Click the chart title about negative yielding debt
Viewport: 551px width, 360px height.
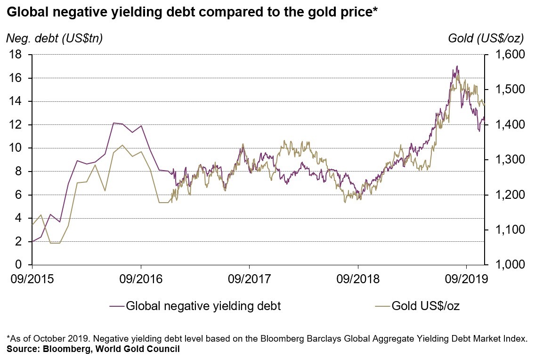coord(188,13)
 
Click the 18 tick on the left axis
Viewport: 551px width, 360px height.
coord(16,55)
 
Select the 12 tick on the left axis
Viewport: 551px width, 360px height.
coord(16,125)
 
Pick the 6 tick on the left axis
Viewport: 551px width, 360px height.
coord(19,195)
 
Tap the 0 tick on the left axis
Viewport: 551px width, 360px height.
coord(19,265)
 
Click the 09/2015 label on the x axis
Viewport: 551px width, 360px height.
coord(32,279)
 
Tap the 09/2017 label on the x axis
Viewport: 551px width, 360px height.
coord(249,279)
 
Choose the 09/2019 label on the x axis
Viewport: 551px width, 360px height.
coord(466,279)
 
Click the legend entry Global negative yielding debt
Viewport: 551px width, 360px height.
coord(203,306)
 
